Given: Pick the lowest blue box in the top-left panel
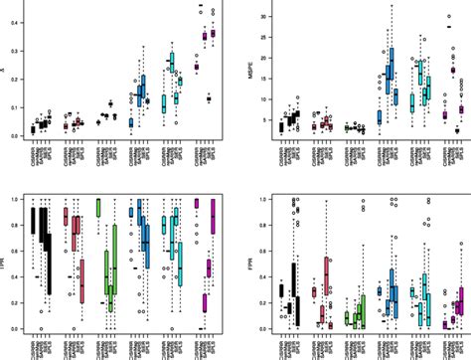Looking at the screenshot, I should (x=130, y=122).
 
